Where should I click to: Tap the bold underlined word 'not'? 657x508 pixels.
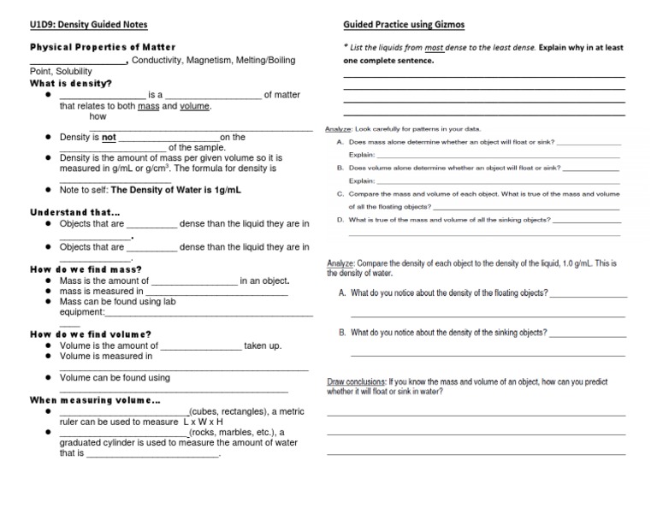point(109,137)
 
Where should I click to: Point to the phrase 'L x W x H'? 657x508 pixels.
point(204,422)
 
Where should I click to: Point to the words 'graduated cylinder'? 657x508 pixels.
point(98,443)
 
